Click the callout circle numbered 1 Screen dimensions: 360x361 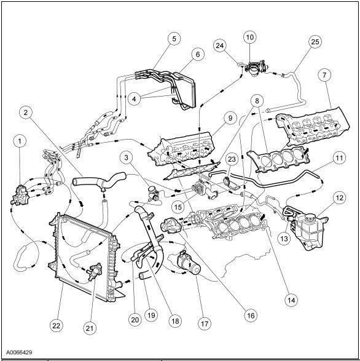click(x=20, y=141)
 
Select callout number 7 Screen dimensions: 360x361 click(x=324, y=75)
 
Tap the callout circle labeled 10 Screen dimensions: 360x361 click(x=250, y=38)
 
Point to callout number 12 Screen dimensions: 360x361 click(x=339, y=198)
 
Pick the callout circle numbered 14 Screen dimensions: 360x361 click(x=291, y=300)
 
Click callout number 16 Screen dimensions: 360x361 click(x=251, y=315)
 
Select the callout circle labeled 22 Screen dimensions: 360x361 click(x=57, y=325)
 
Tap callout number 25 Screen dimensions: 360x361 click(x=315, y=42)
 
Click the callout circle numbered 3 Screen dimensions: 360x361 click(x=126, y=157)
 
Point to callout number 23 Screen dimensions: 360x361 click(x=232, y=159)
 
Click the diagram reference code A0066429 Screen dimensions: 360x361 click(x=19, y=352)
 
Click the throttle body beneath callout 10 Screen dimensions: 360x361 click(x=256, y=67)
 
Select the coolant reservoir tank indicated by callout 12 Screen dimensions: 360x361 click(x=308, y=230)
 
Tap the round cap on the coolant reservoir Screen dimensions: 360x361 click(x=310, y=216)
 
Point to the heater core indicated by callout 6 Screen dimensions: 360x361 click(x=185, y=90)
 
